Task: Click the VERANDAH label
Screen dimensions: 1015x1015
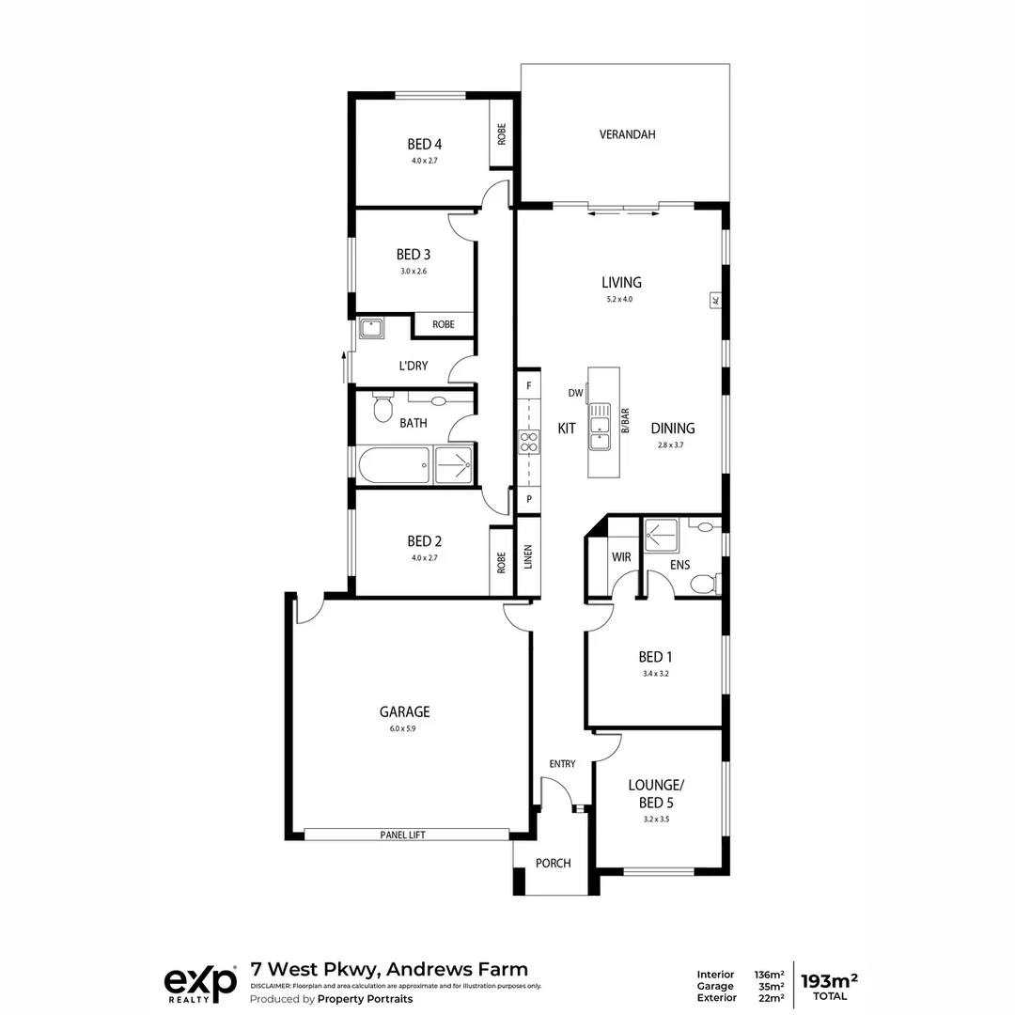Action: pyautogui.click(x=627, y=134)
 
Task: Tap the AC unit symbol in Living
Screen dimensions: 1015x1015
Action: pyautogui.click(x=715, y=301)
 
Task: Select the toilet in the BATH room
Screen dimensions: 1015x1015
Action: pyautogui.click(x=383, y=408)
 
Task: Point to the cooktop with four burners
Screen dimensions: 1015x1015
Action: pyautogui.click(x=528, y=442)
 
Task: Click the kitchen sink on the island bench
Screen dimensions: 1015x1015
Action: pyautogui.click(x=599, y=429)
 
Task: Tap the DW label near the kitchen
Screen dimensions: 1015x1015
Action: pyautogui.click(x=575, y=393)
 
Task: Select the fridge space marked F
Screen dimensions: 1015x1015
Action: pyautogui.click(x=528, y=386)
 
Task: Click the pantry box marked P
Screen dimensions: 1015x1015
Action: pyautogui.click(x=528, y=499)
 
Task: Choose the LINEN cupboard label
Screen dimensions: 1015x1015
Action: pyautogui.click(x=528, y=557)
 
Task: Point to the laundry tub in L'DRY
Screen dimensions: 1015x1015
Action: pyautogui.click(x=372, y=328)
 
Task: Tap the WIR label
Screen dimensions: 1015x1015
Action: pyautogui.click(x=621, y=557)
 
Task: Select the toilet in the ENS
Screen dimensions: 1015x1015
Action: pyautogui.click(x=703, y=585)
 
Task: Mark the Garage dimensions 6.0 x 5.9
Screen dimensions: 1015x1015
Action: pyautogui.click(x=404, y=728)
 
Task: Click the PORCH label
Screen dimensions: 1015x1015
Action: pyautogui.click(x=553, y=863)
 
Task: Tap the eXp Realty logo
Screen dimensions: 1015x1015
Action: pyautogui.click(x=200, y=983)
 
